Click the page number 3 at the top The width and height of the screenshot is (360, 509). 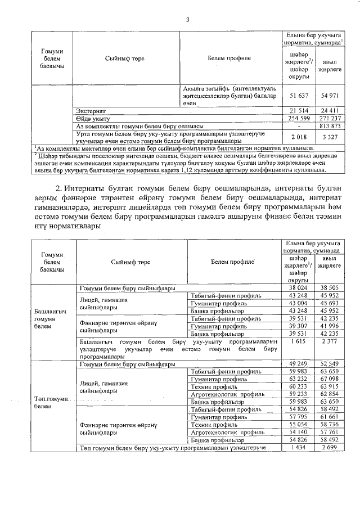[x=188, y=21]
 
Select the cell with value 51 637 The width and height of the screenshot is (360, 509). [x=300, y=97]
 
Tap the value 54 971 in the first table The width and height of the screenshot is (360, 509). [x=330, y=97]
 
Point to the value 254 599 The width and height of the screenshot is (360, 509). [x=300, y=119]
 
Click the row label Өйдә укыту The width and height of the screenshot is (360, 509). [x=92, y=119]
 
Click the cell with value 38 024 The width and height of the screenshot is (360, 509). [x=300, y=287]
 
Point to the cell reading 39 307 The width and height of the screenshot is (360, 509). [x=300, y=326]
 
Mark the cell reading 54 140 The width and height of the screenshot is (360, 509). [x=300, y=433]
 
